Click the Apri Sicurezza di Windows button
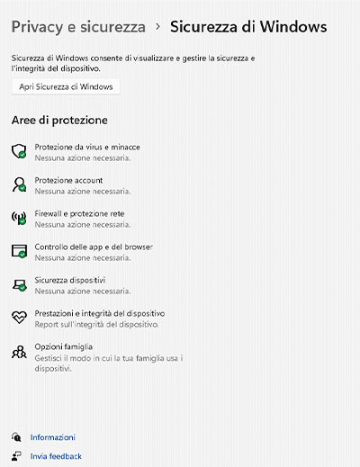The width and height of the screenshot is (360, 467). coord(66,86)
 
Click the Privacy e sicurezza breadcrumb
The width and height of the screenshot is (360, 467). coord(78,27)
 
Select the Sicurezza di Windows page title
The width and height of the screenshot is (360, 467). coord(247,27)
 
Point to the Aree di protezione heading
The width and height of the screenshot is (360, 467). coord(59,120)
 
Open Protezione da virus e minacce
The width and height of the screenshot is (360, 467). coord(87,147)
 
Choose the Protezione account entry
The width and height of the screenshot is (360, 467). coord(68,180)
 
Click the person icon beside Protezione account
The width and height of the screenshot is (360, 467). coord(18,184)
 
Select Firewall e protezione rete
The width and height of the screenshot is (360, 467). coord(79,213)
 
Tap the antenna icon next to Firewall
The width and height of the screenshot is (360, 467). coord(18,218)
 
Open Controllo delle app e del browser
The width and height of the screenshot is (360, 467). coord(94,247)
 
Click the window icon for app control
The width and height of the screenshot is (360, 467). coord(18,251)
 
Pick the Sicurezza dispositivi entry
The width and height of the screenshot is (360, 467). coord(70,280)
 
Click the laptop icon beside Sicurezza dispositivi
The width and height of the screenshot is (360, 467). coord(18,285)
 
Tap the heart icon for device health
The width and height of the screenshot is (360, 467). coord(18,318)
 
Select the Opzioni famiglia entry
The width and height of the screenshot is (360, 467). coord(64,346)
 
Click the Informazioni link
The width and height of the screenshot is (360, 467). coord(52,437)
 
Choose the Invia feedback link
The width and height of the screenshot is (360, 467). coord(55,456)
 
